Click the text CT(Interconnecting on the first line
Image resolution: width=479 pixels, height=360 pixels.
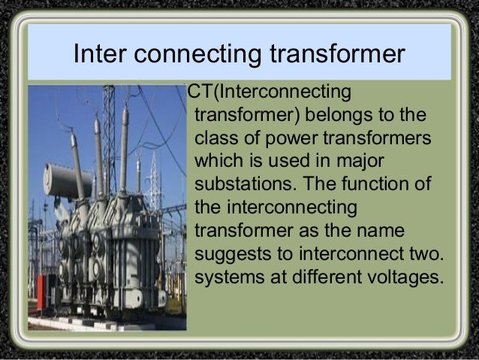[x=269, y=93]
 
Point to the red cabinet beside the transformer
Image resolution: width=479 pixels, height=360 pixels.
[x=42, y=293]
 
